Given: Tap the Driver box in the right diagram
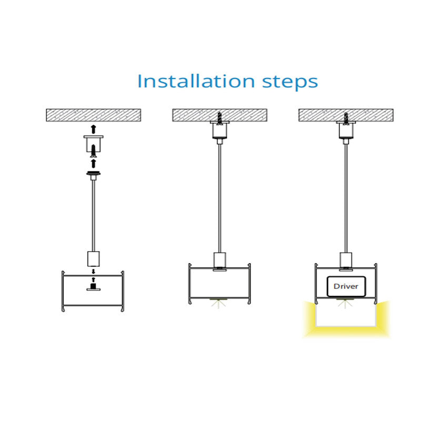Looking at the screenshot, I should point(346,286).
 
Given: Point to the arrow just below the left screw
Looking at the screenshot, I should point(93,163).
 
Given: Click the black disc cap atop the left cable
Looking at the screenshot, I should point(93,173).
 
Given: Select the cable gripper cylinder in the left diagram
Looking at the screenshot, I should point(93,259).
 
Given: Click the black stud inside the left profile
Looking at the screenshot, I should point(93,287).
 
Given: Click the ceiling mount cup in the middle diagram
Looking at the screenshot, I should point(219,130).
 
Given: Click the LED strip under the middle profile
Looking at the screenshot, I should point(219,300).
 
